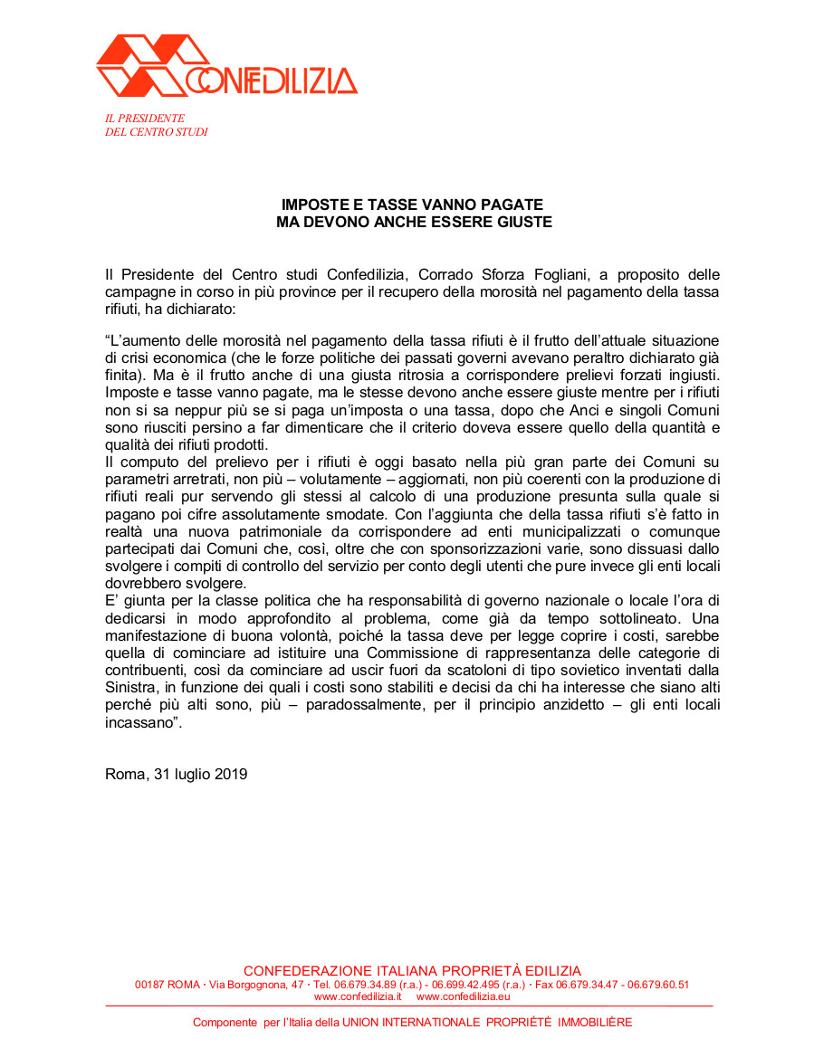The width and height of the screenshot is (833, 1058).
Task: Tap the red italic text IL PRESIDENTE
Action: point(145,119)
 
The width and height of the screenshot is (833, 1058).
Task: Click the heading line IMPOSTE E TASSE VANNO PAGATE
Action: point(412,205)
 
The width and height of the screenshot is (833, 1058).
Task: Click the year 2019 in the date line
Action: point(230,774)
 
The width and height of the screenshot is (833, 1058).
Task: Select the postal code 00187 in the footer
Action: point(150,985)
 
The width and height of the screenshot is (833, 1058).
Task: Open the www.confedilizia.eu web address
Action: point(463,996)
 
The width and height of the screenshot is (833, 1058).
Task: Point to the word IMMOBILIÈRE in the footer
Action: point(595,1023)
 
